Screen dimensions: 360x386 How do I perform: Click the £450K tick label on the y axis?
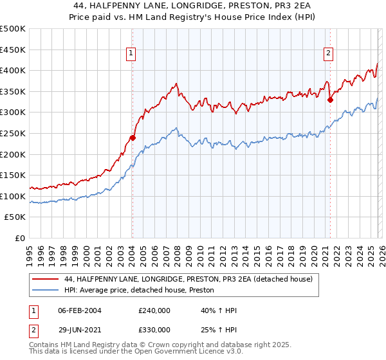tap(13, 50)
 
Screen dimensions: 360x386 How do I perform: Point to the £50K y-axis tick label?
tap(15, 217)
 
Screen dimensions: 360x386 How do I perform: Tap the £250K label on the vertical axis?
tap(13, 133)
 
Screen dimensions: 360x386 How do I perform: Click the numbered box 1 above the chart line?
tap(131, 53)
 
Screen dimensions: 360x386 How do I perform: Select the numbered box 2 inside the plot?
tap(328, 53)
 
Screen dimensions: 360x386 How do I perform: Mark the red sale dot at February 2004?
tap(133, 138)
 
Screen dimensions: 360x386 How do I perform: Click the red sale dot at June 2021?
tap(330, 100)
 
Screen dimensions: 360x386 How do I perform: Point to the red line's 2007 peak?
tap(176, 84)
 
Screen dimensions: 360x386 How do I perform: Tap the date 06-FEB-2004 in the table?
tap(79, 310)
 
